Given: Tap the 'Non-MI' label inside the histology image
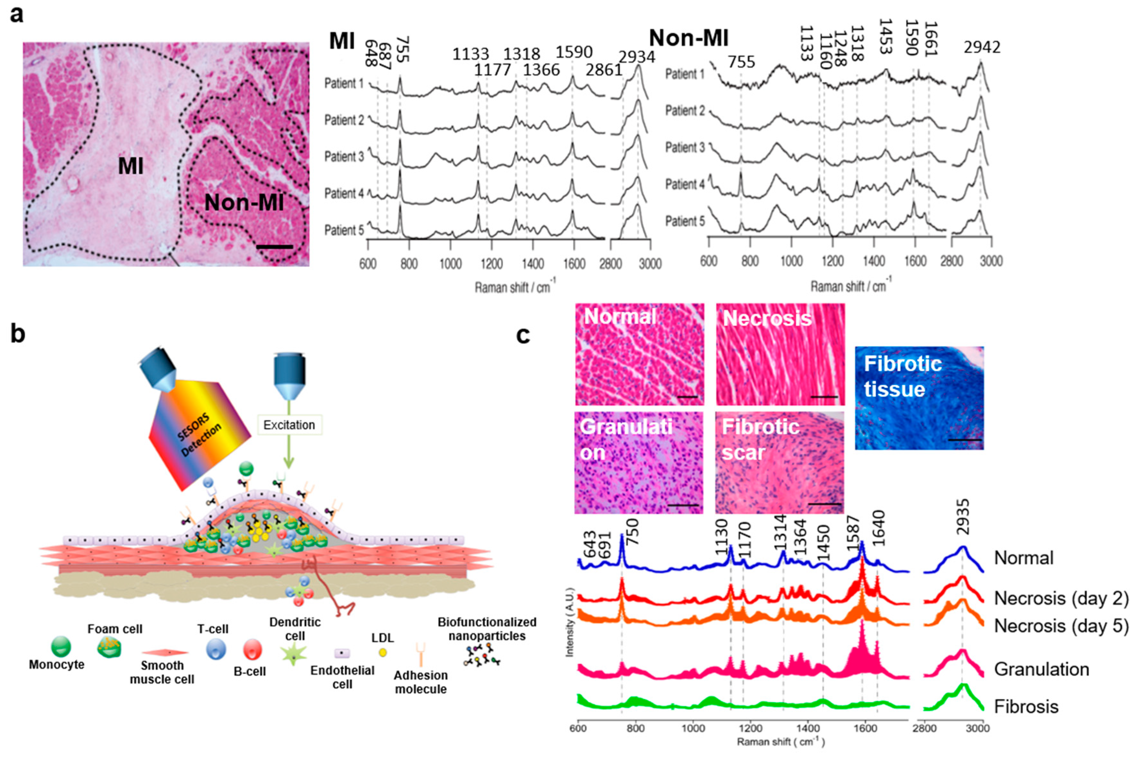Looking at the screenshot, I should point(244,203).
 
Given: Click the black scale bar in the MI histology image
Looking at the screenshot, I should point(274,247).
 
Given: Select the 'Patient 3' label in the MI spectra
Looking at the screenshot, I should point(344,157).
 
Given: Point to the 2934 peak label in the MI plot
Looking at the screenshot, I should point(637,57).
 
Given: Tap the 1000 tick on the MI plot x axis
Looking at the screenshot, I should point(450,264).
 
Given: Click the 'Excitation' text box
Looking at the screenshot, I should point(289,425).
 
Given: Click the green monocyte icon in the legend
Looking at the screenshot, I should point(61,646).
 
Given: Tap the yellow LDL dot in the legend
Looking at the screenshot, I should point(383,653).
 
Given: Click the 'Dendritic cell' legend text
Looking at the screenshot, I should point(294,629).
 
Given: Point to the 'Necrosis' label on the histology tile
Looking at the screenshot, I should point(767,318).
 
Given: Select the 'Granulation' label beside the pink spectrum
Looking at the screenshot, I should point(1041,669).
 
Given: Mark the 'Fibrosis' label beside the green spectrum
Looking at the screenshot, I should point(1026,707).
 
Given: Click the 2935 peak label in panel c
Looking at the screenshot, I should point(963,517).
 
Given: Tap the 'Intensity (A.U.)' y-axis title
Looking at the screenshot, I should point(570,622).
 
